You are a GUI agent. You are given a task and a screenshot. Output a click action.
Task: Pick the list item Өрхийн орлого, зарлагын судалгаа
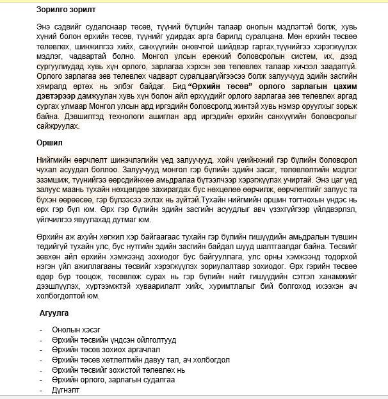point(115,379)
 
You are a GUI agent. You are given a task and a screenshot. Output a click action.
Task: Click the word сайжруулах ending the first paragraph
point(59,125)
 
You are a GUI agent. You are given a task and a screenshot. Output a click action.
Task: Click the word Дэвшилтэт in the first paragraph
point(83,115)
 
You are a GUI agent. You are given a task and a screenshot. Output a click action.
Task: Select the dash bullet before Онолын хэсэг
point(40,329)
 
